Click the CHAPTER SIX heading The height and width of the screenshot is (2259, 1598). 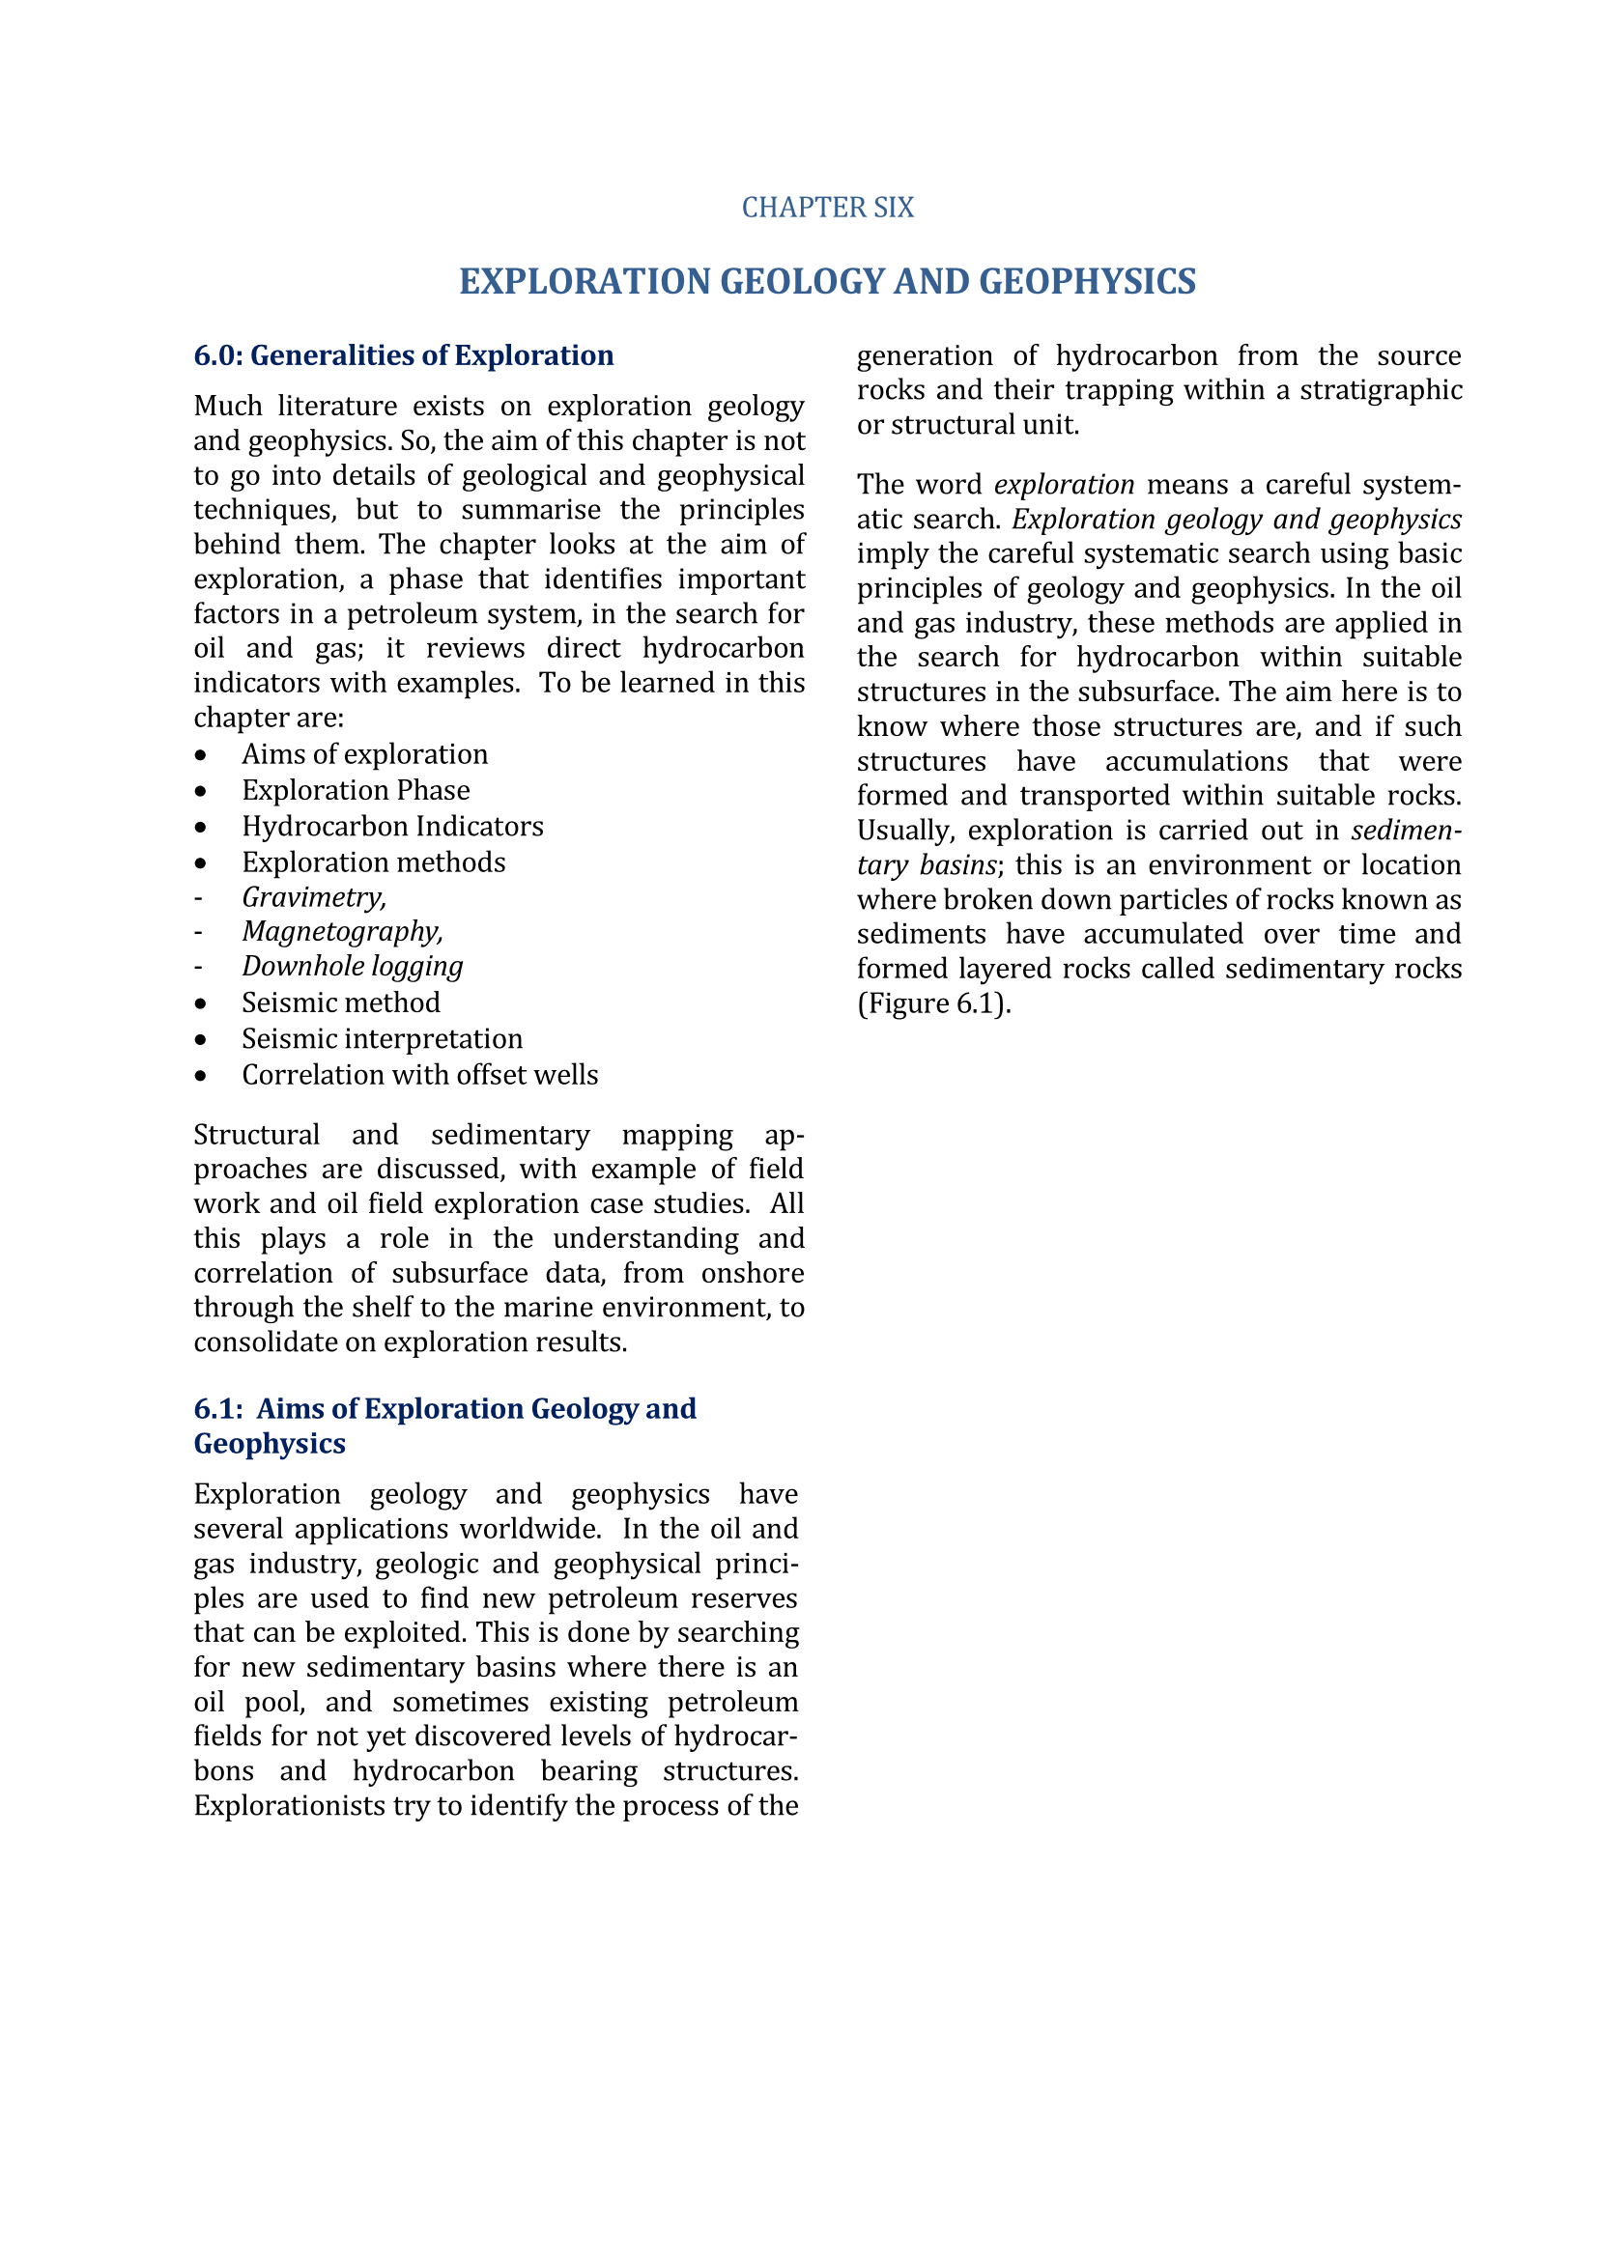[x=828, y=208]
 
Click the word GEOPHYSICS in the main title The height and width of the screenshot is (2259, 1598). [x=1087, y=281]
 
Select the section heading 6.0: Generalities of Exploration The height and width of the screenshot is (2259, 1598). [x=404, y=355]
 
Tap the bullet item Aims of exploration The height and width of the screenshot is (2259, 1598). [x=364, y=754]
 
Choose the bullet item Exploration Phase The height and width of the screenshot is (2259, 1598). [x=356, y=791]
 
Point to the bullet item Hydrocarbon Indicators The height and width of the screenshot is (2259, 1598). [x=391, y=827]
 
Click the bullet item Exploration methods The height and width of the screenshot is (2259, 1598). [x=373, y=862]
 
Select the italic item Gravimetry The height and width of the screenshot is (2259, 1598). [x=314, y=897]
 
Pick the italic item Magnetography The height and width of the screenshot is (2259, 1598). [x=342, y=932]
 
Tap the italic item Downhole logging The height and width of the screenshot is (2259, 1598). [x=353, y=966]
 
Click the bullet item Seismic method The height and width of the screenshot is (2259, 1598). [x=340, y=1002]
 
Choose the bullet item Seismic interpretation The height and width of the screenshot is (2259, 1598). [x=382, y=1039]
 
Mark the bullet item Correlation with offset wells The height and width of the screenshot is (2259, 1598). [x=419, y=1075]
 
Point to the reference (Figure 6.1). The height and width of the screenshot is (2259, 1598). [x=934, y=1003]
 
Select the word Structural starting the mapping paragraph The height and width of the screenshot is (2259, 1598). [x=256, y=1136]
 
